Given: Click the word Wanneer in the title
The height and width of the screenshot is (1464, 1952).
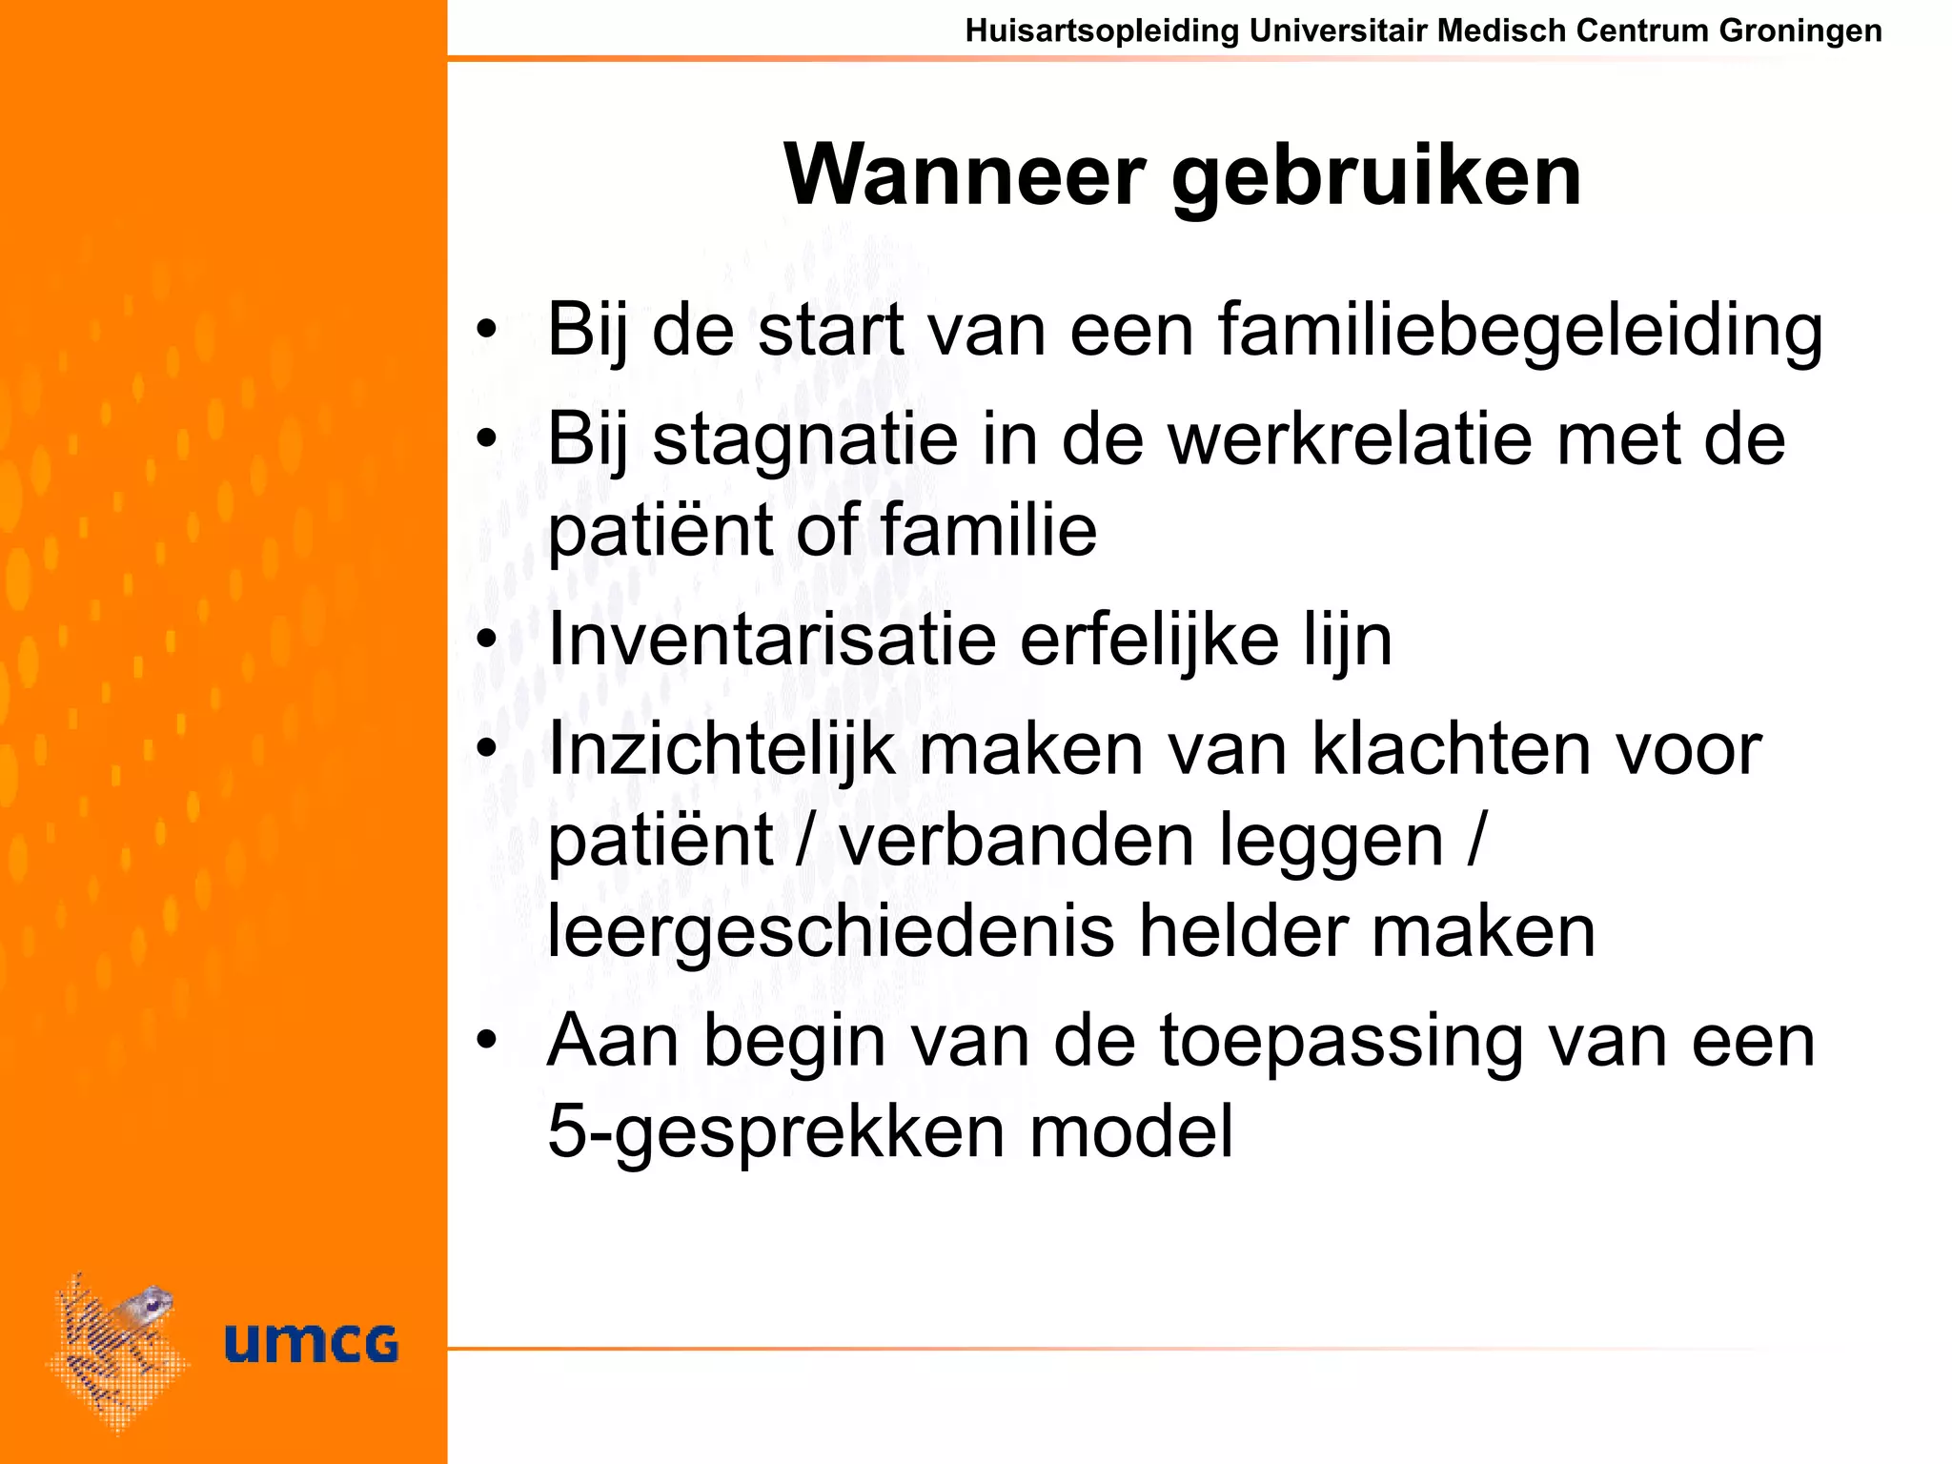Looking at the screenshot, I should (x=964, y=175).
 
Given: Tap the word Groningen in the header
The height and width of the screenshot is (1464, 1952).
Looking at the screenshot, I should (x=1800, y=30).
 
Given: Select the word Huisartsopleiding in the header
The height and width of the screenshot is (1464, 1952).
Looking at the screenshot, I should (x=1102, y=30).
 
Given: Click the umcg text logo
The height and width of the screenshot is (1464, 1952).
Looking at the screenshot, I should (x=311, y=1343).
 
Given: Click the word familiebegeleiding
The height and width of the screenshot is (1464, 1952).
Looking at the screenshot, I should (x=1520, y=331).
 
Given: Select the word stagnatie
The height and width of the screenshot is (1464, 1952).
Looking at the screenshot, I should (x=805, y=440).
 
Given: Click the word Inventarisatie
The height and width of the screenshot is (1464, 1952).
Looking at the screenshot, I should (x=772, y=640).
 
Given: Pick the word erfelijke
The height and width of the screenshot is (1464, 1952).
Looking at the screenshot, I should (x=1149, y=640).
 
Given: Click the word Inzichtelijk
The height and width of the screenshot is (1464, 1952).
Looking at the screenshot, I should (x=721, y=750).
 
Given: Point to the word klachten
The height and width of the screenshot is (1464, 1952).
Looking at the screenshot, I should (x=1448, y=749).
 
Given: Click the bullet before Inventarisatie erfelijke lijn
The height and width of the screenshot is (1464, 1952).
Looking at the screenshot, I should (x=487, y=640).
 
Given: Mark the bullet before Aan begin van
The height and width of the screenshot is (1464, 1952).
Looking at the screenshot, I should (x=487, y=1040).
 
